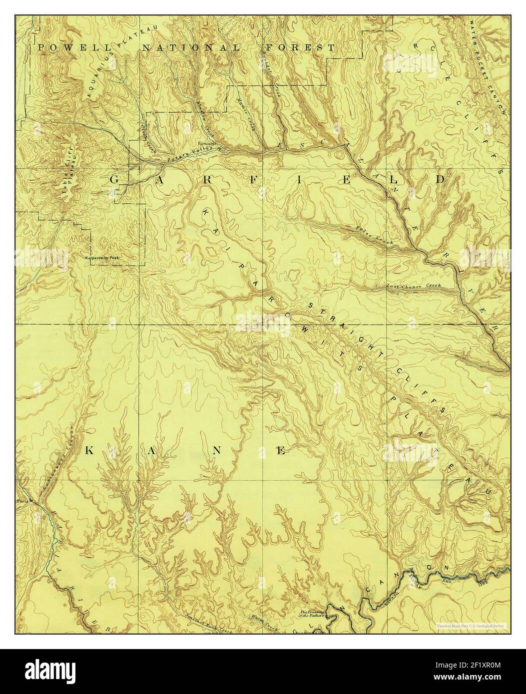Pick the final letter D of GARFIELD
[x=440, y=179]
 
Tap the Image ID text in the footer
[x=467, y=666]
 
